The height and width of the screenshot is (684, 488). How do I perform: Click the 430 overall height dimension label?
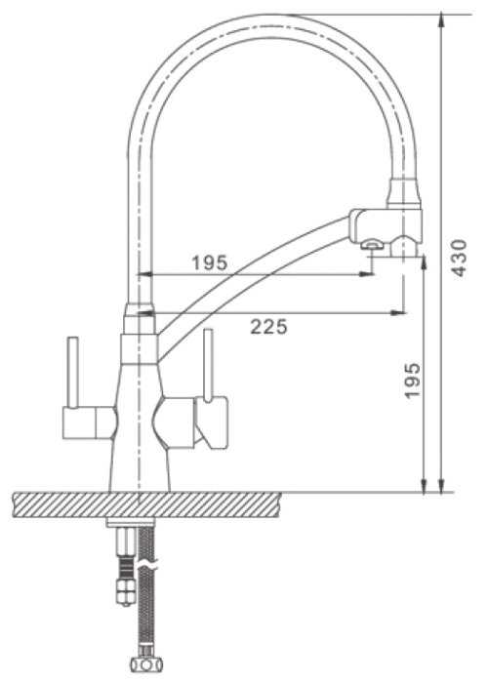click(x=459, y=258)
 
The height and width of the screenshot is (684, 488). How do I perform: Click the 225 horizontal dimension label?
click(x=268, y=326)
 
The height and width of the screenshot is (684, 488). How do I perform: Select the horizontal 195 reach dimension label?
click(x=210, y=262)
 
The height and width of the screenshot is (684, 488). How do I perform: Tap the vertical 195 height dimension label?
click(x=412, y=381)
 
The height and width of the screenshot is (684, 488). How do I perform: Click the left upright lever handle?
click(x=72, y=372)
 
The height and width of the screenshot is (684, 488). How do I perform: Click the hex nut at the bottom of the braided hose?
click(x=146, y=664)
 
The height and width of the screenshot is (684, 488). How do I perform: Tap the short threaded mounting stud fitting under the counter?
click(x=125, y=567)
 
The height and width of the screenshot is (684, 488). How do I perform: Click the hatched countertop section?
click(x=146, y=504)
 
